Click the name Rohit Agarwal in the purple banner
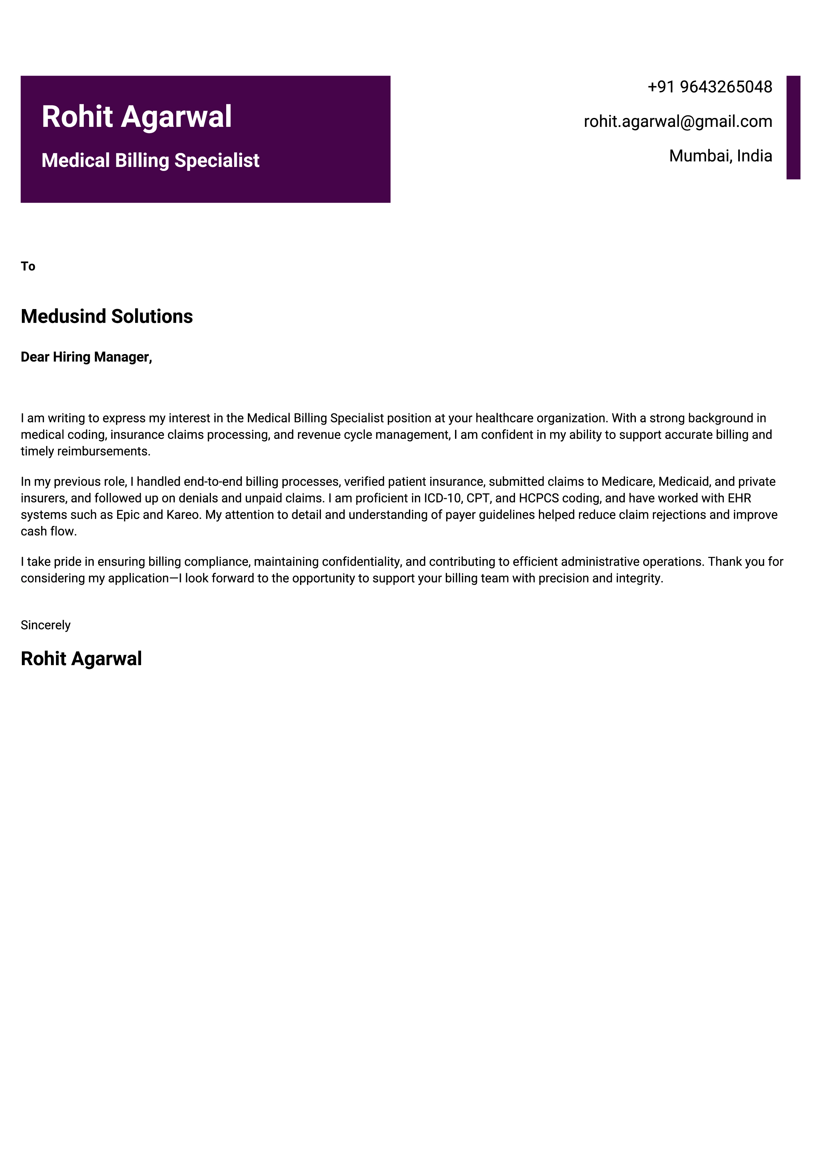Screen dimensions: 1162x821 click(x=136, y=117)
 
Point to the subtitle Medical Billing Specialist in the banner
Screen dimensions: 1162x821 click(x=150, y=160)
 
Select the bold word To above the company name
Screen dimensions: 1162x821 click(x=28, y=266)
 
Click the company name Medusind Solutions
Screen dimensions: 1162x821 click(x=107, y=316)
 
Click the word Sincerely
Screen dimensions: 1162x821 click(x=45, y=625)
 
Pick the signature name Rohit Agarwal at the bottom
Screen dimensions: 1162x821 click(x=81, y=659)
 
